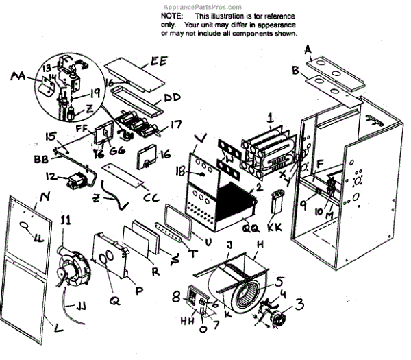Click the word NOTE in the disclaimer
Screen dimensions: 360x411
[172, 14]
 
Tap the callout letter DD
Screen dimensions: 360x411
[171, 98]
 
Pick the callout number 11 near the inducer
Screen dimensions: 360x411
[66, 219]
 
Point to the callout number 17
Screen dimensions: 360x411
[176, 125]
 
